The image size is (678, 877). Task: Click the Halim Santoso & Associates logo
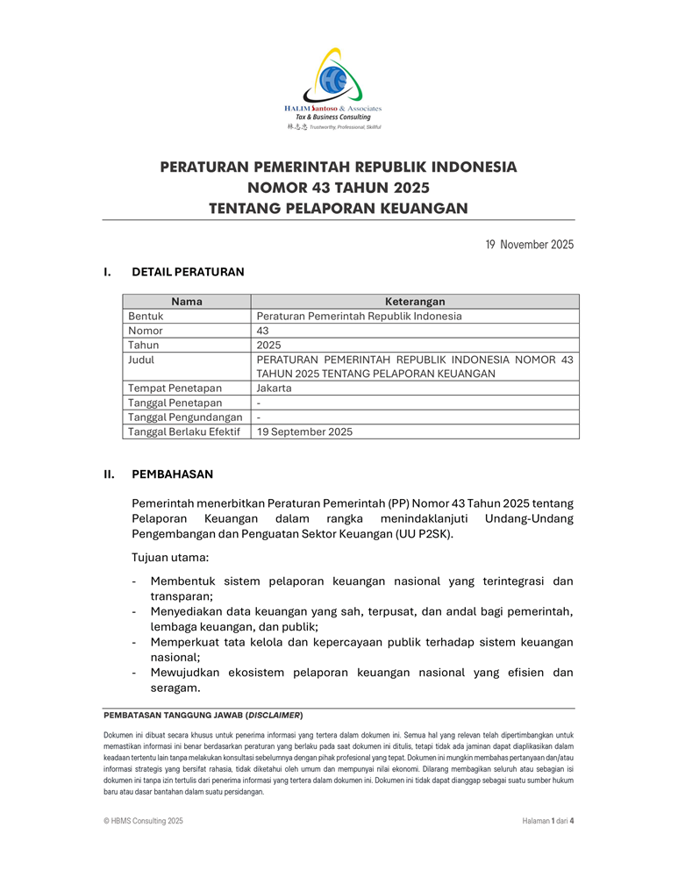click(338, 88)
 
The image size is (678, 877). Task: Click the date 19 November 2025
click(529, 245)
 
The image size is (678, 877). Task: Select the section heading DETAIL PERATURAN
click(188, 272)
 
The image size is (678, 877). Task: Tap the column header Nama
click(187, 302)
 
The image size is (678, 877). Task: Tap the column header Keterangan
click(415, 302)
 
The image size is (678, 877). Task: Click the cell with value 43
click(263, 331)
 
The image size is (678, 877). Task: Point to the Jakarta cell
click(275, 389)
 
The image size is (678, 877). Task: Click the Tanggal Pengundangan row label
click(185, 417)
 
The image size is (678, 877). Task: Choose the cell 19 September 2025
click(304, 431)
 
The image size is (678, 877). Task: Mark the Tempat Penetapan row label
click(175, 389)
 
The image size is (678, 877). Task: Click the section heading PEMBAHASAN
click(172, 474)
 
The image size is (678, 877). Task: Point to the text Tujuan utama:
click(170, 558)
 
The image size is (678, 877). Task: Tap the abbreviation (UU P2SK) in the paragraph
click(425, 533)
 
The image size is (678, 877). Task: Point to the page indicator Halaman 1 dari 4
click(547, 821)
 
